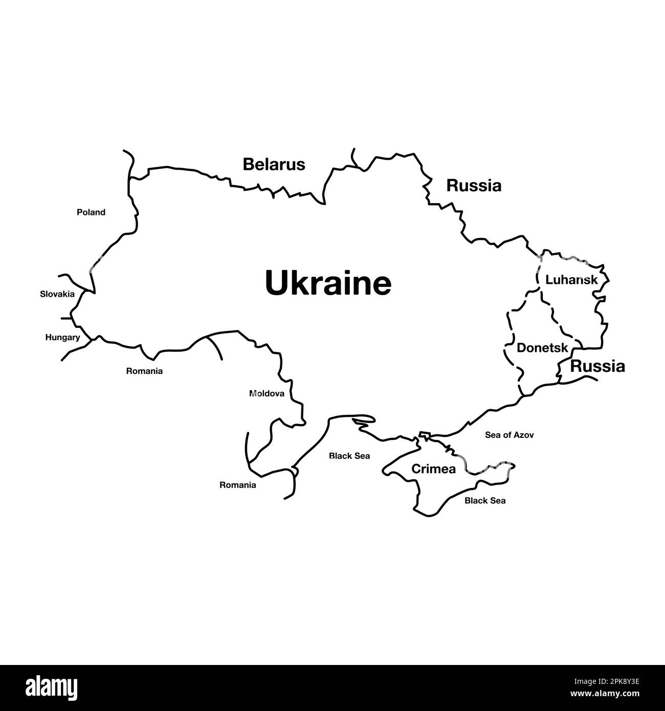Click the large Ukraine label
(328, 283)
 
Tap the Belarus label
(274, 165)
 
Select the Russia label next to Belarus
(474, 186)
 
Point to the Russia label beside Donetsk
(597, 366)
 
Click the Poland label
(91, 212)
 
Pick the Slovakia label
(57, 294)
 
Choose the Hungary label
(62, 338)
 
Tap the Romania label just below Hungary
(144, 371)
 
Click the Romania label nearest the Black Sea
(238, 485)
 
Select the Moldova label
(267, 394)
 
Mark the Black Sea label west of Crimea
(349, 456)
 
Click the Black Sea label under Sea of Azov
(485, 501)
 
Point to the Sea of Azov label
(509, 435)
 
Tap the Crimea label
(433, 469)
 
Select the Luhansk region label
(571, 280)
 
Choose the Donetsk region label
(542, 348)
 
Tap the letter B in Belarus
(248, 165)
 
